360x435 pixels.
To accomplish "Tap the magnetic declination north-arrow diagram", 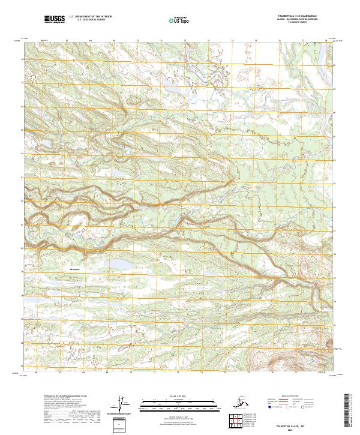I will (x=123, y=406).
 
